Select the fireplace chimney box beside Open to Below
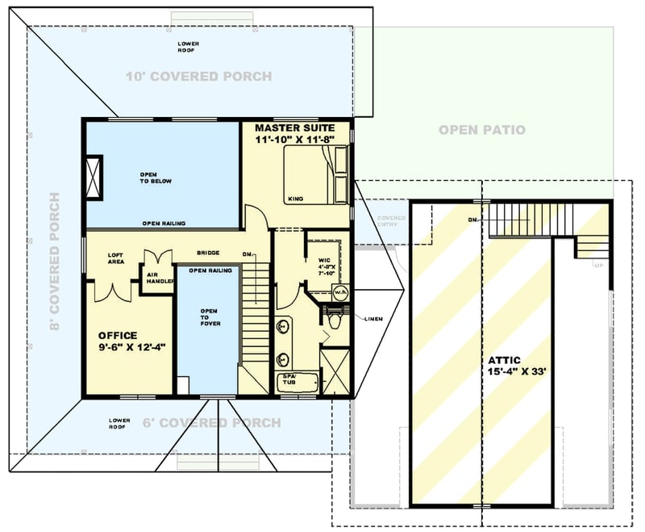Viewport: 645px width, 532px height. click(x=94, y=174)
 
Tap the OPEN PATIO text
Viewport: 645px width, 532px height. click(x=482, y=129)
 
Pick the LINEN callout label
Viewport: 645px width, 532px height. click(x=372, y=318)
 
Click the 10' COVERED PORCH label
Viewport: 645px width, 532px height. click(x=198, y=77)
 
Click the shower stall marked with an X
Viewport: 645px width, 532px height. click(x=335, y=371)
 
